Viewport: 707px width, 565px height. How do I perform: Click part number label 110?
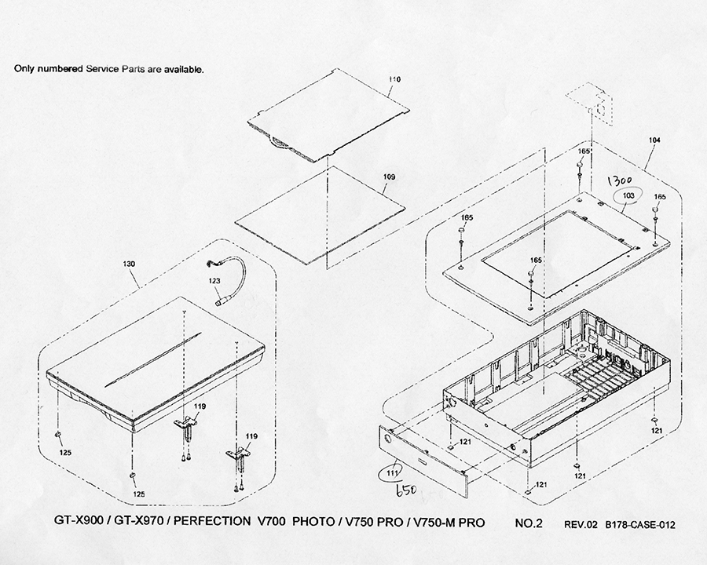(394, 80)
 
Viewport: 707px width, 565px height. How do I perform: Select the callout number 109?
(389, 177)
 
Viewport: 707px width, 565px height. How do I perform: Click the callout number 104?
(654, 140)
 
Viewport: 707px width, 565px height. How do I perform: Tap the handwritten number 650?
(405, 490)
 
